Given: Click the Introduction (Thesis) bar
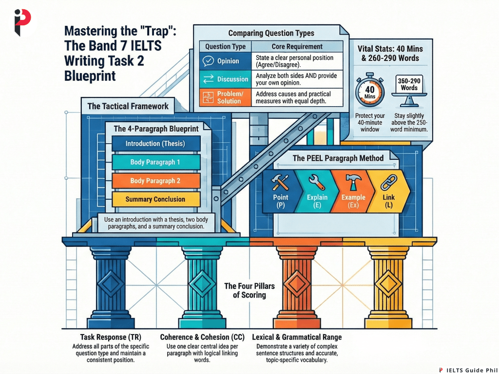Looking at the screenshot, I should tap(155, 144).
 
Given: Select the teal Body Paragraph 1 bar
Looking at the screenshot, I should tap(155, 162).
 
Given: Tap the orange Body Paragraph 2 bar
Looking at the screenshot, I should tap(155, 181).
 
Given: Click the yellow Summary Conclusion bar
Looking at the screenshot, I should tap(155, 199).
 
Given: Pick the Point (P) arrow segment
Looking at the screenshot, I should tap(281, 192).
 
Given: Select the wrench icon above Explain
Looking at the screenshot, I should tap(316, 182).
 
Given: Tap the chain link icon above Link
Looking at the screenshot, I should tap(387, 182).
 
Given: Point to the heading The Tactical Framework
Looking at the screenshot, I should tap(128, 106).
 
